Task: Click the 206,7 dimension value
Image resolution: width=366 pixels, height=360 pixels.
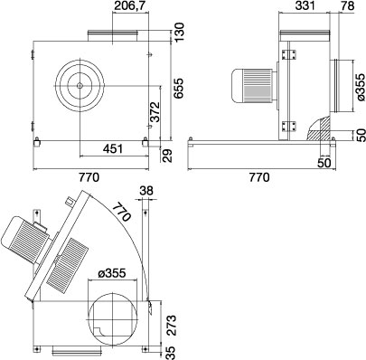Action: pos(130,6)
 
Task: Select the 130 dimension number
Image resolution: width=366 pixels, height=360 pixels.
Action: pos(179,33)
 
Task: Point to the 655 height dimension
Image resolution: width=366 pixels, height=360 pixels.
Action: pos(179,88)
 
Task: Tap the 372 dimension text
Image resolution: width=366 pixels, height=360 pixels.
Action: pos(155,112)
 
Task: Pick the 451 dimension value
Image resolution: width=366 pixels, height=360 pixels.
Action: pos(113,148)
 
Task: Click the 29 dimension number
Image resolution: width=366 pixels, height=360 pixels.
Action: pos(167,156)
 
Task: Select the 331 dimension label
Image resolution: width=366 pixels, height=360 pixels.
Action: pos(305,6)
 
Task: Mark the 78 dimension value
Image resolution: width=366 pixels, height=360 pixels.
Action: pos(348,6)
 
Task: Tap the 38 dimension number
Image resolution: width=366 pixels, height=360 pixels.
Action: pos(146,191)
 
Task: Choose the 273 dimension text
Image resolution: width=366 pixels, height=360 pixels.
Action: pos(171,325)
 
